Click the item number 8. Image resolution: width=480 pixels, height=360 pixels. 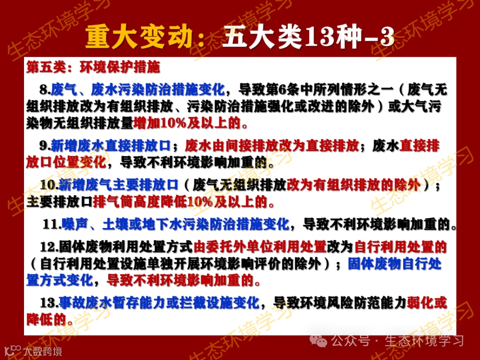point(45,90)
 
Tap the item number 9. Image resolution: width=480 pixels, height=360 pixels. point(45,146)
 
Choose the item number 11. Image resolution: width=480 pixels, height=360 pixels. point(52,224)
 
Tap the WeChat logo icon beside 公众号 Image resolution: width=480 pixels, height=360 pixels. point(320,340)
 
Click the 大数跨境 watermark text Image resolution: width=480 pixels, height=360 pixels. point(43,352)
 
